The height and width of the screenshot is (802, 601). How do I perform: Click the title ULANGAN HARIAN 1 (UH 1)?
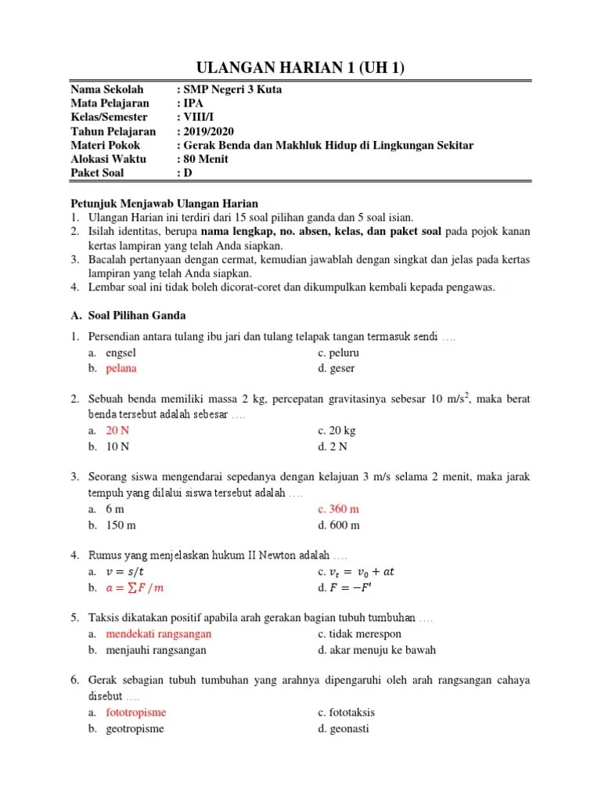(300, 69)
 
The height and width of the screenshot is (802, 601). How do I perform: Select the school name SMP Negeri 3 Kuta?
(225, 89)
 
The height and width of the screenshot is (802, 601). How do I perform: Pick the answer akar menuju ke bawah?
(377, 649)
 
